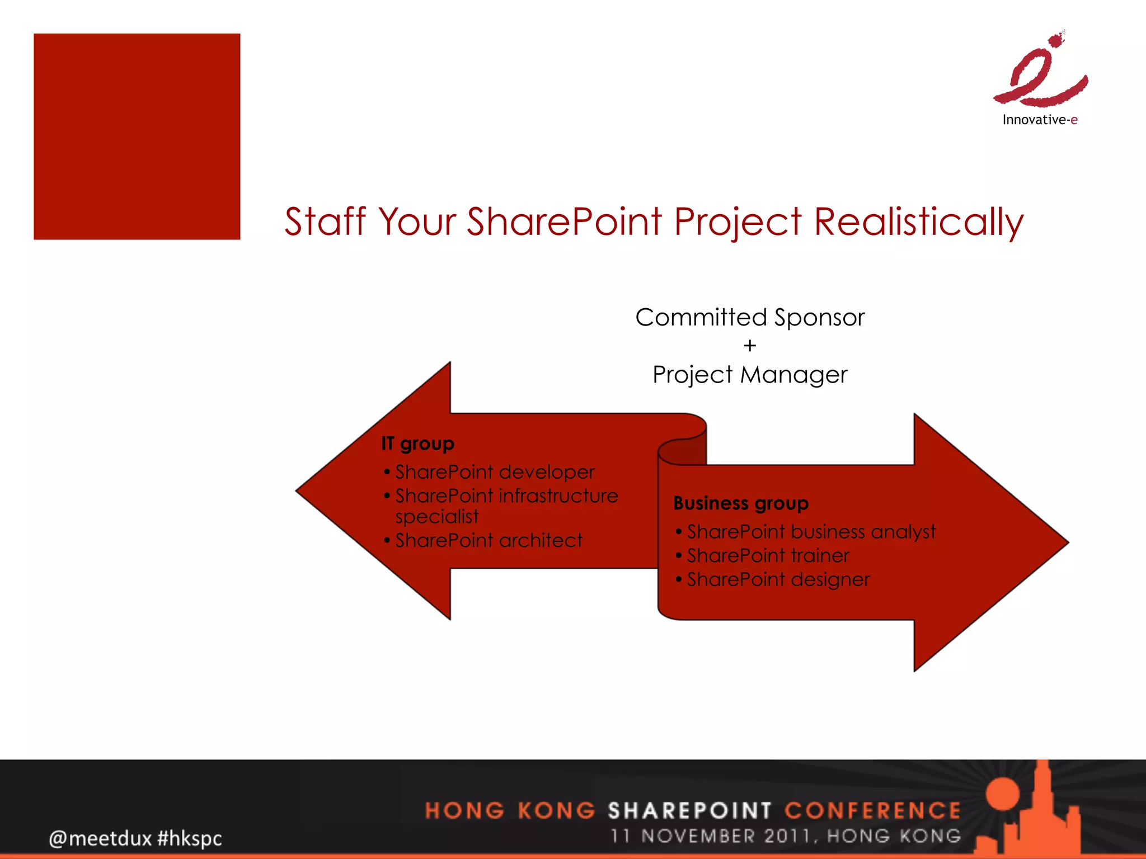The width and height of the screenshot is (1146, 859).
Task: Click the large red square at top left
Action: click(x=137, y=137)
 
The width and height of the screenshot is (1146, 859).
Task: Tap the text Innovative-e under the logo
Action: click(x=1040, y=120)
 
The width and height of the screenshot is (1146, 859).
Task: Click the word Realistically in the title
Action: click(x=918, y=222)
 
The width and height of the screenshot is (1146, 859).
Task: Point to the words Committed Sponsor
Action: click(x=750, y=318)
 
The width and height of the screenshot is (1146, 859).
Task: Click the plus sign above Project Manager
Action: click(x=750, y=346)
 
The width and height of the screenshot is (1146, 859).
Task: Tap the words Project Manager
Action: click(x=750, y=375)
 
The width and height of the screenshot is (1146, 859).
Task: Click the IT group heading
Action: click(x=417, y=443)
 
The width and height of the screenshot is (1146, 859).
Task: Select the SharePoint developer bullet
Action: click(x=495, y=472)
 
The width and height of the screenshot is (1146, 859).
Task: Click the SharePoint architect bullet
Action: click(x=489, y=540)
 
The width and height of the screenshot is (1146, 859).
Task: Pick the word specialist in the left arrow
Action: click(x=437, y=517)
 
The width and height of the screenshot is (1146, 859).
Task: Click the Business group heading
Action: click(x=741, y=503)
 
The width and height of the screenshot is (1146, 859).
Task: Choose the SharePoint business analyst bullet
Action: click(x=811, y=531)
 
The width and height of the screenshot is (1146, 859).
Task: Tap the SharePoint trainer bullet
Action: click(x=768, y=555)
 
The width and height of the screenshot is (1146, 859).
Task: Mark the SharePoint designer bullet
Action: click(x=778, y=579)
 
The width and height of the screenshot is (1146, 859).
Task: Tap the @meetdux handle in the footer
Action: click(x=100, y=838)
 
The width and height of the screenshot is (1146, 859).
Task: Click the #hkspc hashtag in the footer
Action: click(x=190, y=838)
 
